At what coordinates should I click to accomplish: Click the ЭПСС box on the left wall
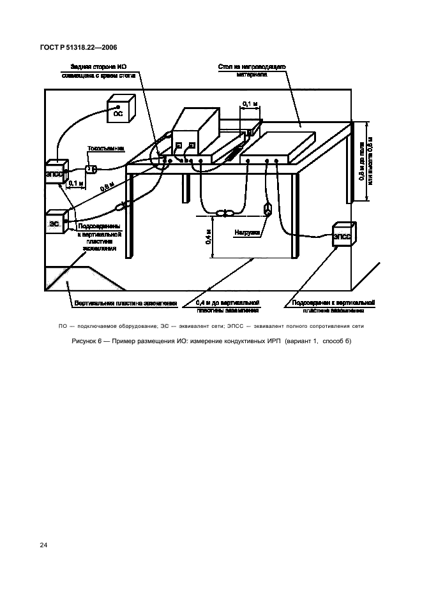coord(55,173)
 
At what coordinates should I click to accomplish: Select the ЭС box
coord(56,223)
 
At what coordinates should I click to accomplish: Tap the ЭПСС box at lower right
coord(342,237)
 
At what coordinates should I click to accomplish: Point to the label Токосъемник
coord(105,149)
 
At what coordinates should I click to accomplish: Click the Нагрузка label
coord(246,233)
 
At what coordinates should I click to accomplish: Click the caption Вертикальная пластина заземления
coord(118,302)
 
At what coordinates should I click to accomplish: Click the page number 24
coord(44,545)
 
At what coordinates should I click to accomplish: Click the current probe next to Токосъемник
coord(91,170)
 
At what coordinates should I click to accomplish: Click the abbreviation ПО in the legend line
coord(63,326)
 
